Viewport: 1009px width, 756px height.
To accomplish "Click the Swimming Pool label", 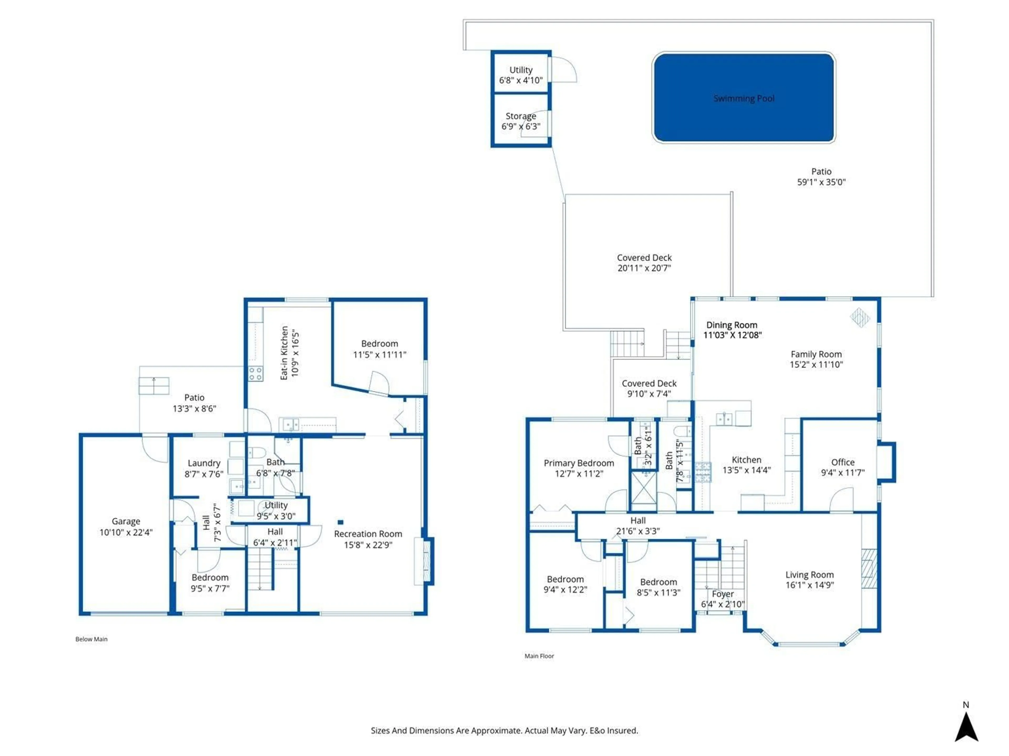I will point(744,98).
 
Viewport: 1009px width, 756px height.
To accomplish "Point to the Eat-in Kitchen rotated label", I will point(284,353).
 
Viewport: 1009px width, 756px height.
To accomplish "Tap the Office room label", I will point(842,462).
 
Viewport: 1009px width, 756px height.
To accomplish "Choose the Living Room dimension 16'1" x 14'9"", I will point(809,585).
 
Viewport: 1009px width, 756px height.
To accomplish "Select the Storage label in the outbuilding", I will point(521,116).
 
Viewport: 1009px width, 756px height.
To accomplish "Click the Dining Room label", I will point(732,325).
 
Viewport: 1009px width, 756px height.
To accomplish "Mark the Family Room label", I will point(816,354).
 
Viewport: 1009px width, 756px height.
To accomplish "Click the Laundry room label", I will point(204,463).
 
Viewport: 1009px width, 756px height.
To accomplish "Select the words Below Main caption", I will point(91,639).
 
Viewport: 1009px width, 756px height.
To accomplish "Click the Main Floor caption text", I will point(539,656).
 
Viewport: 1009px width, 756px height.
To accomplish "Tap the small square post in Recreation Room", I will point(340,522).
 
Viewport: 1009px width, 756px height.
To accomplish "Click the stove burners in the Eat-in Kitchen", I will point(255,374).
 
